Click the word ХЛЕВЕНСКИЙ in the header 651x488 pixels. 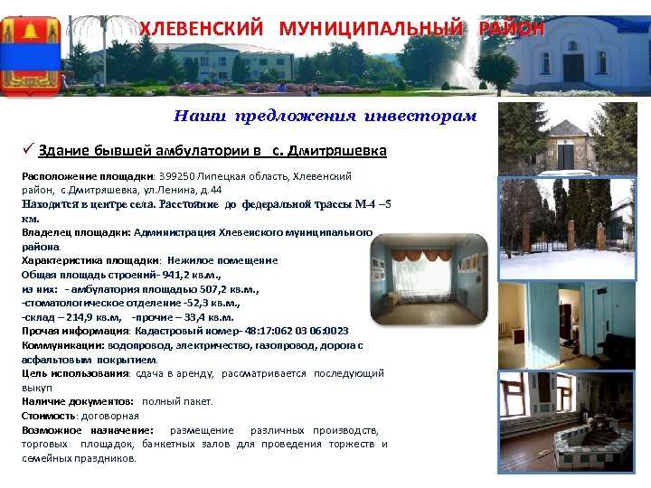(x=203, y=28)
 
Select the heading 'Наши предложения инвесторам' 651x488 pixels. (x=325, y=116)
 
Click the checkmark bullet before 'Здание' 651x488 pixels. (x=28, y=150)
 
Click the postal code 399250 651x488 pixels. (x=179, y=177)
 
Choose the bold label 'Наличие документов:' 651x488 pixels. (x=79, y=401)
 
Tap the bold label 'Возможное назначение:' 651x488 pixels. (x=88, y=430)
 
